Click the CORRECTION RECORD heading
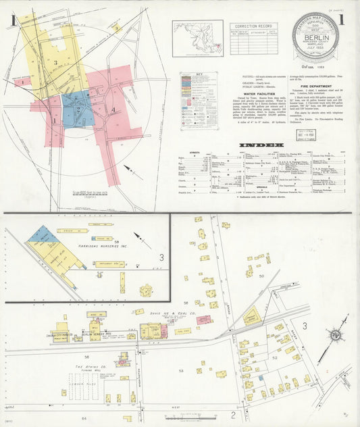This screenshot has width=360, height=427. [x=251, y=25]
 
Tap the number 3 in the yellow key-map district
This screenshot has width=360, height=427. [x=56, y=62]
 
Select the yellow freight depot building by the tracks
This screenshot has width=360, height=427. [x=251, y=316]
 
